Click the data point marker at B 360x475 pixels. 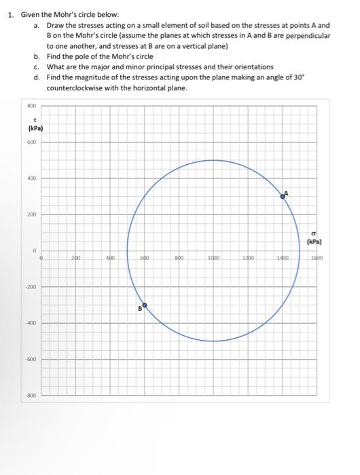point(143,306)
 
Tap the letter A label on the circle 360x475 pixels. point(287,193)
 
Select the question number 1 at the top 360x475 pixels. point(8,14)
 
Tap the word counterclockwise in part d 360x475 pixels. point(76,88)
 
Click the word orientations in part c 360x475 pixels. point(253,67)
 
